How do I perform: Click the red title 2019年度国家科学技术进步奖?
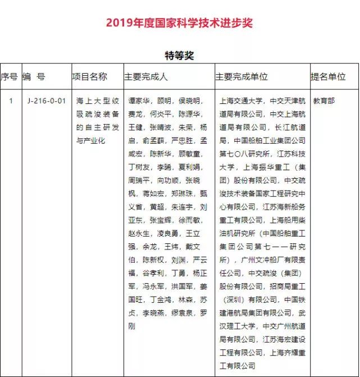pyautogui.click(x=180, y=23)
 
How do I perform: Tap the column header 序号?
pyautogui.click(x=9, y=76)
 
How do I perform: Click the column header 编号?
pyautogui.click(x=34, y=76)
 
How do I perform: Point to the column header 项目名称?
pyautogui.click(x=89, y=76)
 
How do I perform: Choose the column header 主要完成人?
pyautogui.click(x=146, y=76)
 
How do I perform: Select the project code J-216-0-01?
pyautogui.click(x=47, y=101)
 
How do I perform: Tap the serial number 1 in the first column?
pyautogui.click(x=11, y=101)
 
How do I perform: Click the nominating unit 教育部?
pyautogui.click(x=324, y=101)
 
